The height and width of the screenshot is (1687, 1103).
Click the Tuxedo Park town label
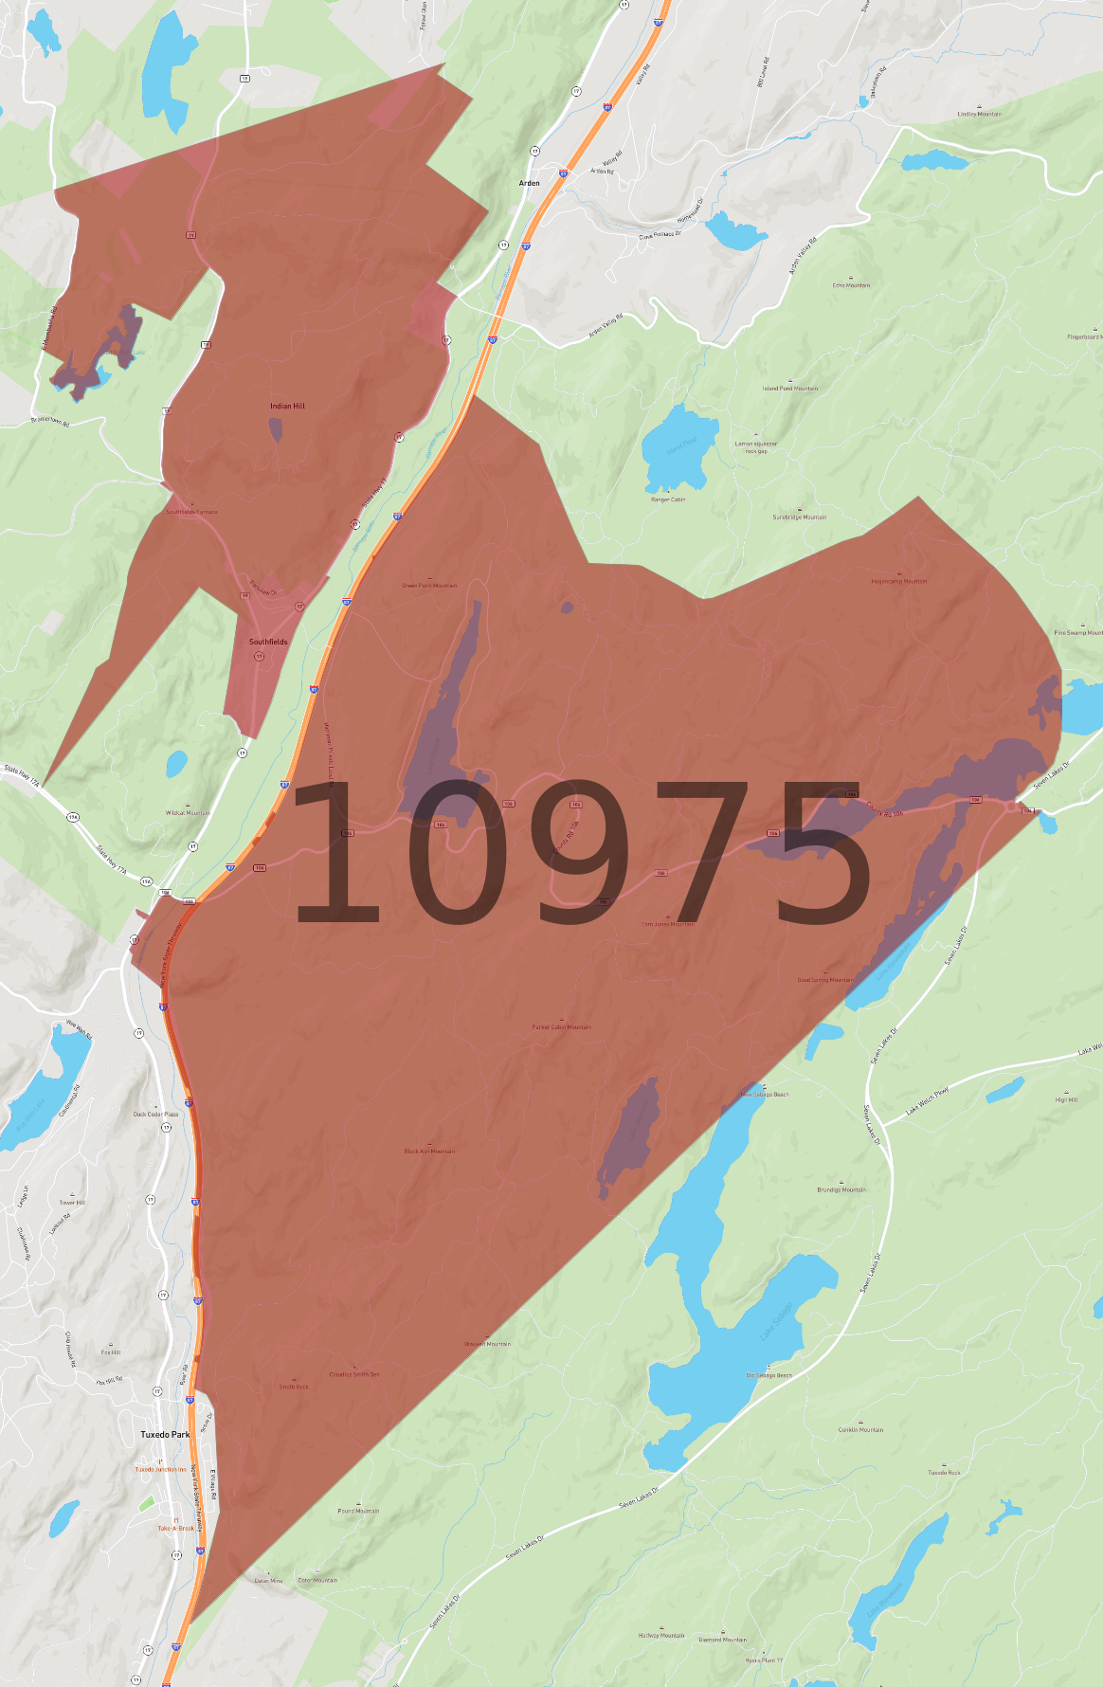[x=165, y=1434]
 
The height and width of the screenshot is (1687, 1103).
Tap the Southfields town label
[x=268, y=642]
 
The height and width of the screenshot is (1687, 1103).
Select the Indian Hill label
[x=287, y=406]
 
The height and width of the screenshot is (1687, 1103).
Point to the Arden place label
[x=529, y=183]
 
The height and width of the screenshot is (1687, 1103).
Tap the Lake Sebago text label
[x=775, y=1320]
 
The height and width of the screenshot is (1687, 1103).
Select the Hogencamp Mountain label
[x=899, y=581]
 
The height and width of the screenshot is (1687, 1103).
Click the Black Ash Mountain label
[x=429, y=1151]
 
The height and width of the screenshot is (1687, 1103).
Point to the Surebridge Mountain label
[x=799, y=517]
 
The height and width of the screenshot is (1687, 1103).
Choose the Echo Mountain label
[x=851, y=284]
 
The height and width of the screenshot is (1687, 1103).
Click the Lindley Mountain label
[x=979, y=114]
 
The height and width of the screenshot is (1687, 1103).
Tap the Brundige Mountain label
[x=841, y=1189]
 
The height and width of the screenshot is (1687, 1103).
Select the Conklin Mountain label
[x=860, y=1429]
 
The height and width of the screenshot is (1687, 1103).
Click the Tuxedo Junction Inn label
[x=160, y=1469]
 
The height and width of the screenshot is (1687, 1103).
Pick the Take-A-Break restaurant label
[x=175, y=1528]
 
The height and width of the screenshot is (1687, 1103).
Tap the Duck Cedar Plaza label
[x=155, y=1114]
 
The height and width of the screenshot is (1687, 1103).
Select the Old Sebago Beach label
[x=768, y=1374]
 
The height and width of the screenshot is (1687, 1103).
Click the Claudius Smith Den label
[x=354, y=1373]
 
